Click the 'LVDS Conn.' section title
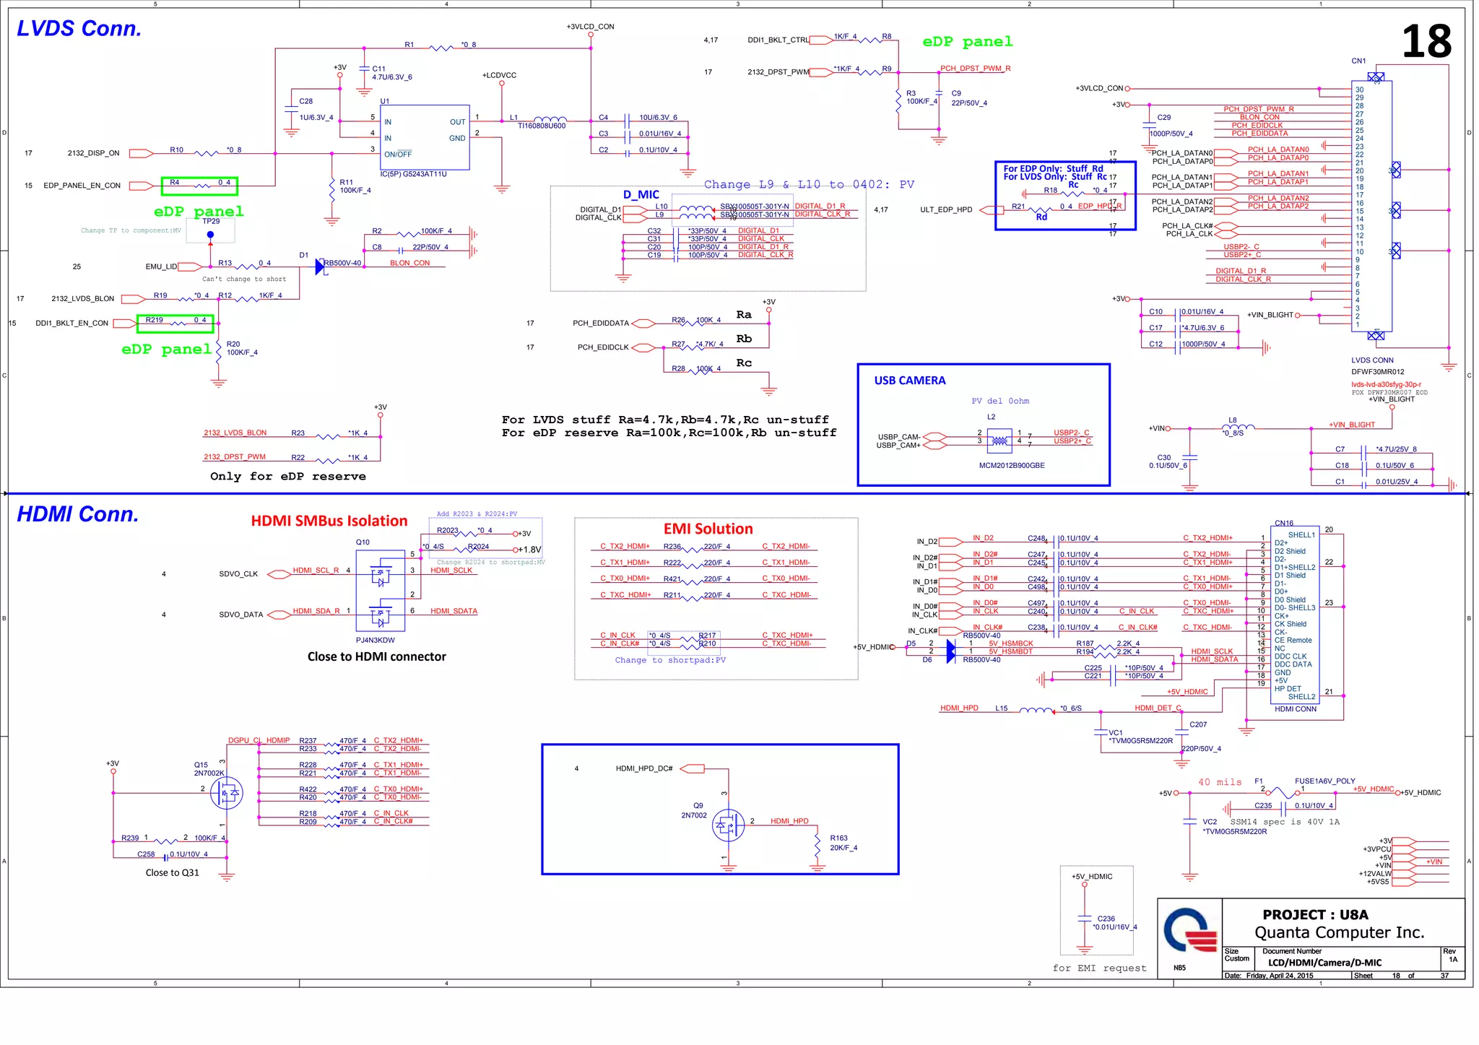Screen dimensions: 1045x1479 click(79, 29)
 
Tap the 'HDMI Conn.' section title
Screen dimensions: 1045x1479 click(77, 514)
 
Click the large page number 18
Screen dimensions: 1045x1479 click(1426, 42)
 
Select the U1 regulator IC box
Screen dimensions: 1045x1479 click(425, 137)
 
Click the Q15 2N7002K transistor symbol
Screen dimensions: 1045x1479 click(226, 793)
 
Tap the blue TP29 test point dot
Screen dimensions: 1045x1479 click(210, 235)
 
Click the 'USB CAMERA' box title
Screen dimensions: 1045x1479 click(909, 381)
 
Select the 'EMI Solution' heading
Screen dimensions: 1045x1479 click(708, 529)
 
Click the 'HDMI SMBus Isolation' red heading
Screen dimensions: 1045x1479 click(329, 521)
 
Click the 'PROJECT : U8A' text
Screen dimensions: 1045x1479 click(1315, 914)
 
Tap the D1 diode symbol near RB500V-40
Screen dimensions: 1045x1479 click(320, 266)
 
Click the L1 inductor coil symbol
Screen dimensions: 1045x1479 click(550, 119)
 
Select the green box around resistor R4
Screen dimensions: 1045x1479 click(199, 186)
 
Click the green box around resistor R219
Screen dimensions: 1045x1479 click(175, 323)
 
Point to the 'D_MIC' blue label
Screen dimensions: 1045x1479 click(641, 194)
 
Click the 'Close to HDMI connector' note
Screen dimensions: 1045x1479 click(376, 656)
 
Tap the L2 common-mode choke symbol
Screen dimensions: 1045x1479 click(999, 439)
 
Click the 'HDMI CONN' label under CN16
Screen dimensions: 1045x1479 click(1295, 709)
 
